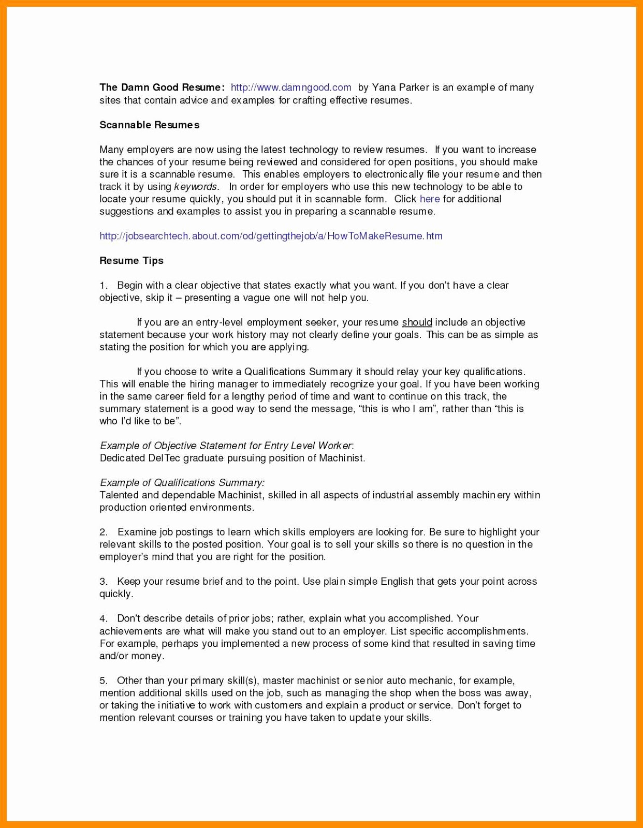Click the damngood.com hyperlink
coord(291,87)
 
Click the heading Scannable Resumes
coord(149,125)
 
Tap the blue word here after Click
coord(430,199)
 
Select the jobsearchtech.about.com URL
coord(271,236)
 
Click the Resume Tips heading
coord(131,261)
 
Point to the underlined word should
coord(417,322)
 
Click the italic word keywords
coord(196,187)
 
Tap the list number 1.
coord(103,286)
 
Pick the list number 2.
coord(103,533)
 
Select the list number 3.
coord(103,582)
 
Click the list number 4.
coord(103,618)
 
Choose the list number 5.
coord(103,681)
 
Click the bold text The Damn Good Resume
coord(162,87)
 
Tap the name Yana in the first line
coord(384,87)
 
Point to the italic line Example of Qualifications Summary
coord(182,483)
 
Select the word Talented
coord(119,495)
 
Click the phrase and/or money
coord(131,656)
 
